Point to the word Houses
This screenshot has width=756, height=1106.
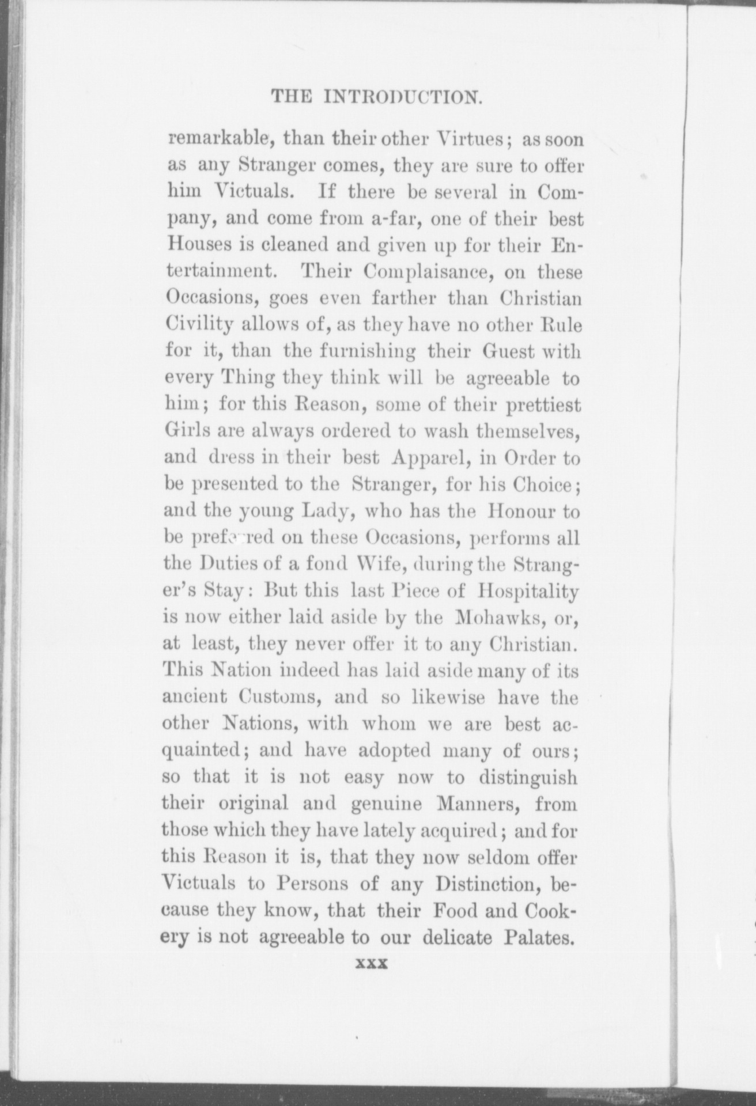point(196,245)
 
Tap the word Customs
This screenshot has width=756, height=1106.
point(278,698)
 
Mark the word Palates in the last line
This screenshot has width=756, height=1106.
point(540,937)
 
